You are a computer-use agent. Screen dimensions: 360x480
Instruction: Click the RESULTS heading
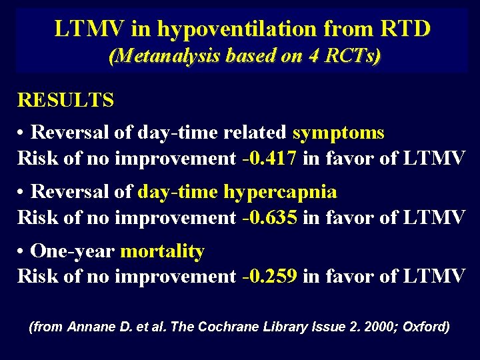point(65,100)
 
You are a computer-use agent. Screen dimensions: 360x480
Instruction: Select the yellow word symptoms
point(339,132)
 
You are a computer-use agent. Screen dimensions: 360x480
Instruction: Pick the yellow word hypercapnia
point(280,192)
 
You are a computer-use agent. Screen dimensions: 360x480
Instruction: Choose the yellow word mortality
point(162,251)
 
